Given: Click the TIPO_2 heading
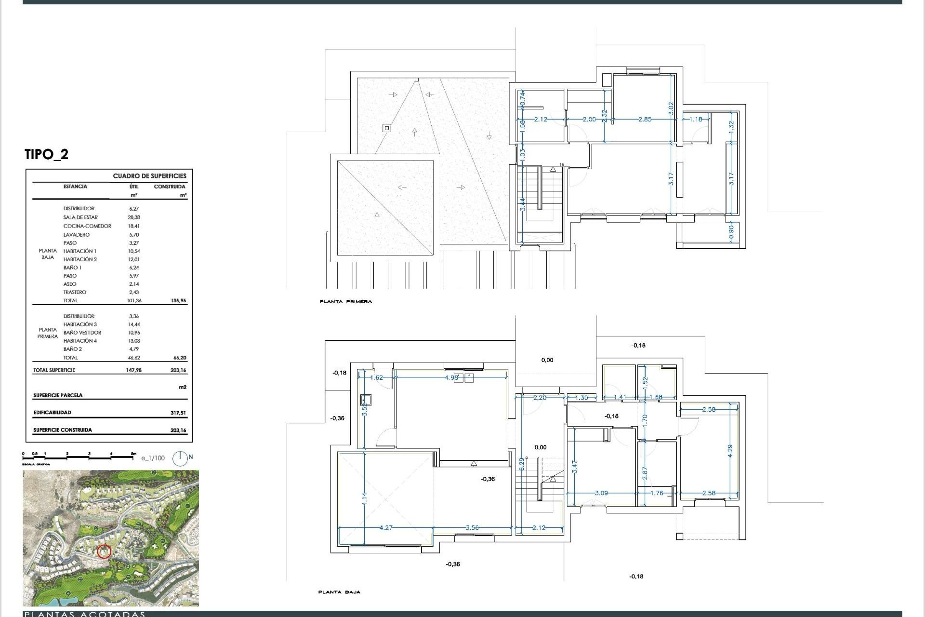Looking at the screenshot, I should [46, 154].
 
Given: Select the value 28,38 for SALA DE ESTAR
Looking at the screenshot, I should [133, 217].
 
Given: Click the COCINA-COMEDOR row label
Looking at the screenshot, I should [87, 226].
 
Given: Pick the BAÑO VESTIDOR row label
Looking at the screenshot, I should [82, 333].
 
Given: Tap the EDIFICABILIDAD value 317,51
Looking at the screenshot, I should [178, 413].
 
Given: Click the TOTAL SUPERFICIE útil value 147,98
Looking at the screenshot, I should [133, 370].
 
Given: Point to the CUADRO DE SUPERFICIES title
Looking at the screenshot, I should [149, 176].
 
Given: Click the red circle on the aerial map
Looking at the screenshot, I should [104, 551].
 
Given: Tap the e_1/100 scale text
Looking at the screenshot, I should [153, 458].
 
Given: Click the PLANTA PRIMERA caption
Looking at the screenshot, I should [345, 302].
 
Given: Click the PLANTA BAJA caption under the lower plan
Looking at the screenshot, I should [339, 592].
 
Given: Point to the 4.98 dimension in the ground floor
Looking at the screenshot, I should [451, 377].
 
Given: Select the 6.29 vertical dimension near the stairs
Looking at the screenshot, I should [521, 464].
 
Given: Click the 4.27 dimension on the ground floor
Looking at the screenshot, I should [386, 528].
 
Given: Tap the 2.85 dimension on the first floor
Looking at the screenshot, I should [645, 119].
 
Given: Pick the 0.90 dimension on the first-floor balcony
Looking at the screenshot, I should [731, 232].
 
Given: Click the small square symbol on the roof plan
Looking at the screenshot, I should [386, 128].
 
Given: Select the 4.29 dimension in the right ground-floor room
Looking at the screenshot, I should [730, 451].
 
